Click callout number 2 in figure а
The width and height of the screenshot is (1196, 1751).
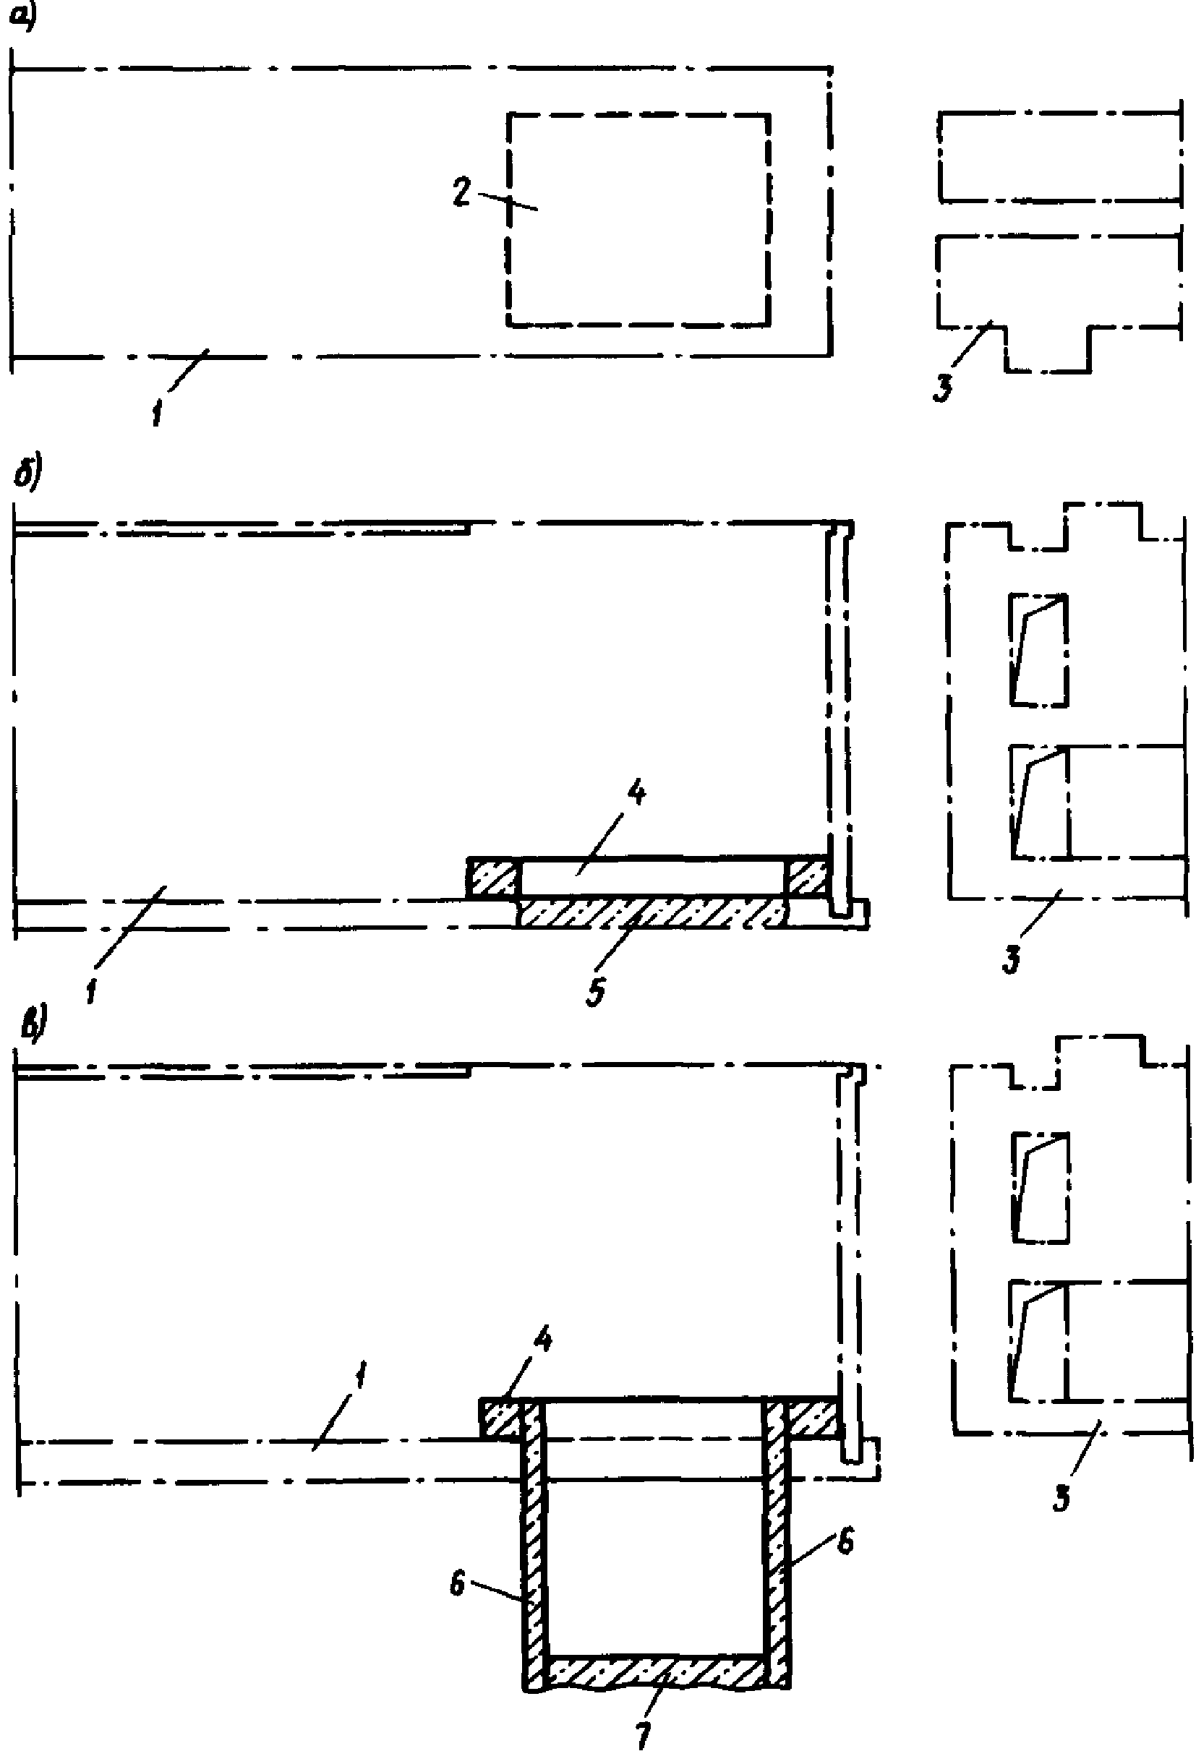[461, 192]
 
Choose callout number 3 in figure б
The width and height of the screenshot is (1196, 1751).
[1012, 960]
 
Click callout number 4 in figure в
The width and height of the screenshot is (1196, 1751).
[542, 1340]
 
